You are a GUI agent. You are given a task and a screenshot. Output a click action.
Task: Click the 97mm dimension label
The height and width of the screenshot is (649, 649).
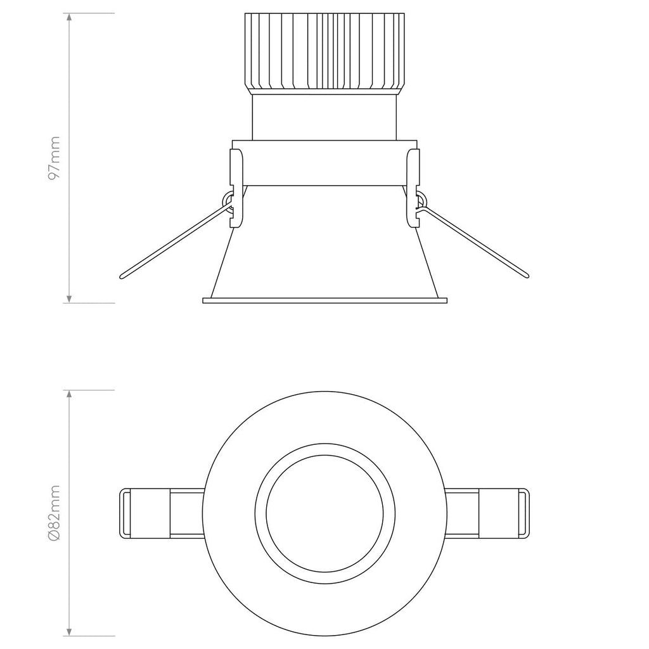[x=55, y=158]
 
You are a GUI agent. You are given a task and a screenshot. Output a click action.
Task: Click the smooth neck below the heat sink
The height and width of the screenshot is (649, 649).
[x=324, y=117]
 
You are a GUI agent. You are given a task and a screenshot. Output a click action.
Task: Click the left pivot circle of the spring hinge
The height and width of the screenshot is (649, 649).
[x=227, y=201]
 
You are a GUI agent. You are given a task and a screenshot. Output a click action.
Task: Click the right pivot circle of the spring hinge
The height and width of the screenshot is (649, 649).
[x=420, y=201]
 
